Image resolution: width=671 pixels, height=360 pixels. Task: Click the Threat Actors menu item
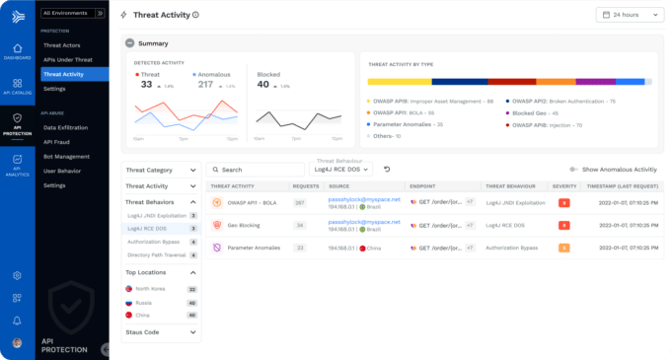click(x=61, y=45)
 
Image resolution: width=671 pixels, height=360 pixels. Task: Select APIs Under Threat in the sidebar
click(x=67, y=59)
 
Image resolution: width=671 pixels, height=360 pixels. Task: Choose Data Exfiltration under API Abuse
click(x=65, y=127)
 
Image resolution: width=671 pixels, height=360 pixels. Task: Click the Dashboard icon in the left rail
click(x=17, y=52)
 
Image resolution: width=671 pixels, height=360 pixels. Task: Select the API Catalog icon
click(x=17, y=87)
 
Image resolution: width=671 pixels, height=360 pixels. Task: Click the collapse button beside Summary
click(x=128, y=43)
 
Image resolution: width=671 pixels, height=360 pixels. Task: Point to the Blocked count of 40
click(x=262, y=85)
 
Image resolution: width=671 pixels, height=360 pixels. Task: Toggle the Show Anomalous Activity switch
click(x=574, y=170)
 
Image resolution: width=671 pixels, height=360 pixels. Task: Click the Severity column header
click(x=564, y=185)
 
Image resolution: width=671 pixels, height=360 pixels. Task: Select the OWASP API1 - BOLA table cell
click(x=252, y=202)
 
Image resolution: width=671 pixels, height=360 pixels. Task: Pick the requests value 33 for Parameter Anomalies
click(x=299, y=248)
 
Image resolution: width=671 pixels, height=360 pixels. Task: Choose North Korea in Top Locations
click(x=151, y=289)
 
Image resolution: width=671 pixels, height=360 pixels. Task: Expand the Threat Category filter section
click(x=161, y=170)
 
